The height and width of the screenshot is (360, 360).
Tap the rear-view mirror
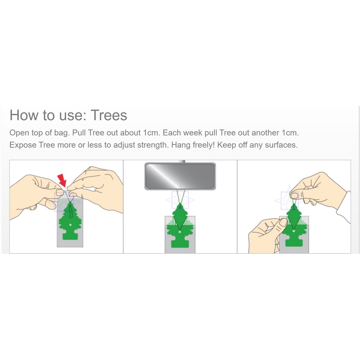click(x=180, y=176)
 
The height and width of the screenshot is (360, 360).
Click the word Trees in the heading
click(x=109, y=115)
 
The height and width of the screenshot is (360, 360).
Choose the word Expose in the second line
click(x=23, y=145)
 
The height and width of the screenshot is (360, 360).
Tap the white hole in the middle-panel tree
click(x=180, y=232)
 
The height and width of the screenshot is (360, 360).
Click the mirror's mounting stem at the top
click(x=182, y=161)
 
